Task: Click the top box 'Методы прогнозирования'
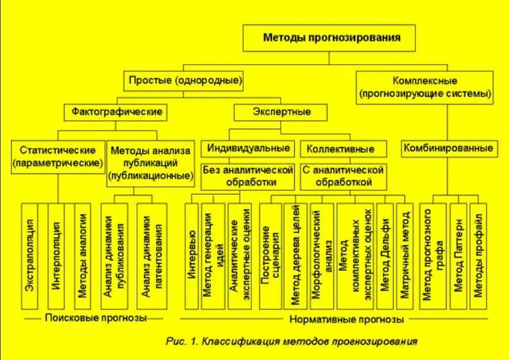(331, 38)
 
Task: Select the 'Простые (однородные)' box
(185, 81)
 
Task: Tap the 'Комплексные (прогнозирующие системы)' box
(426, 88)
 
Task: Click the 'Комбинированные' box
(449, 148)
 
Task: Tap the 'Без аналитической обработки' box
(248, 177)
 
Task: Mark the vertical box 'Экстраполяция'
(29, 254)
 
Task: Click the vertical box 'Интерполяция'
(56, 254)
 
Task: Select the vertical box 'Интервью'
(191, 254)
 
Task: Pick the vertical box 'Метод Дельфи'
(384, 254)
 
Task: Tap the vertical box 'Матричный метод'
(405, 254)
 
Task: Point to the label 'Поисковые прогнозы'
(96, 318)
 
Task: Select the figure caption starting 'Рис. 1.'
(291, 341)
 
